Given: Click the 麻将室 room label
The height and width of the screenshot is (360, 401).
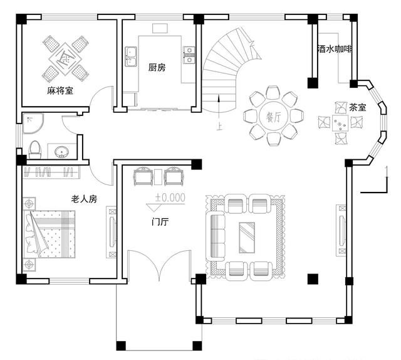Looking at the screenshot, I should click(60, 91).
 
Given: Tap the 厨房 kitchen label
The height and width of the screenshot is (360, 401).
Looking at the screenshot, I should click(157, 68).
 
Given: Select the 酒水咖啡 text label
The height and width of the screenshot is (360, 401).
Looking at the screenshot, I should click(335, 49).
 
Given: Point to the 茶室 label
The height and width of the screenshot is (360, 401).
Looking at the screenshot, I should click(358, 107).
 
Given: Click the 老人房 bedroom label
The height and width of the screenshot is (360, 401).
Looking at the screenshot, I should click(83, 199).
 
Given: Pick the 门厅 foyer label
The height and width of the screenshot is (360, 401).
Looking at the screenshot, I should click(160, 221).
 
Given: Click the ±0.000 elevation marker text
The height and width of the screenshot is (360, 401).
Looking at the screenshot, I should click(170, 197).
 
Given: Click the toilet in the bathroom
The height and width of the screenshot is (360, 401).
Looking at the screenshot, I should click(36, 149).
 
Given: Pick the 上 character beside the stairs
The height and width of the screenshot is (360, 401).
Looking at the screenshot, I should click(219, 125).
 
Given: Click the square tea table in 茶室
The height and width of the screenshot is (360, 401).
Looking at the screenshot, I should click(341, 123).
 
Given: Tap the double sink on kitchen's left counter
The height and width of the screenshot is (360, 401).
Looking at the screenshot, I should click(132, 56).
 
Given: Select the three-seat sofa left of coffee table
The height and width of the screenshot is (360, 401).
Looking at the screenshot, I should click(216, 236).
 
